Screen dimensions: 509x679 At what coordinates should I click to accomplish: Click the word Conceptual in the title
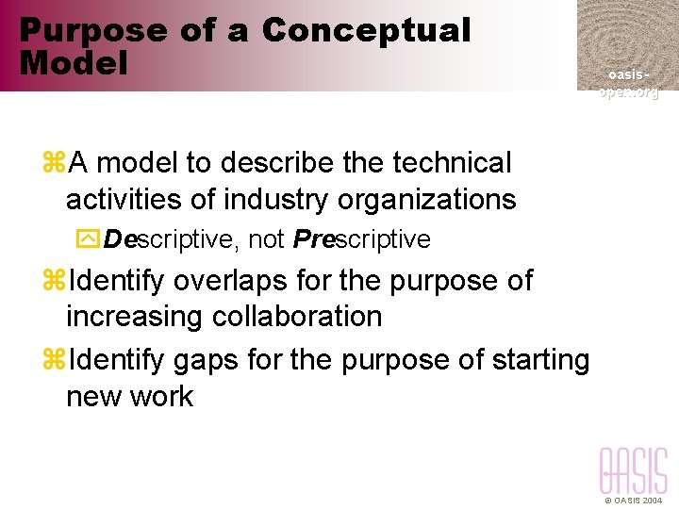(366, 30)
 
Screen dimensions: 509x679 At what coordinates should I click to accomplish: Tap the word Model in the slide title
(73, 64)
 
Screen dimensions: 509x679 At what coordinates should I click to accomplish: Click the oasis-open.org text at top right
(627, 83)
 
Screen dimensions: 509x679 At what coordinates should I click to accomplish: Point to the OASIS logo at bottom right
(633, 470)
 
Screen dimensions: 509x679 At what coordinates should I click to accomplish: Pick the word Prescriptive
(361, 240)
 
